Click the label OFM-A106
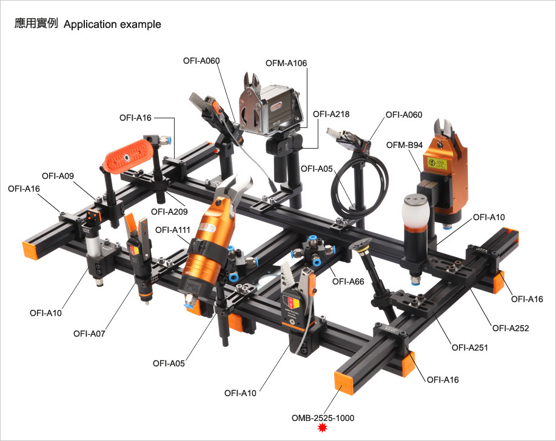286,63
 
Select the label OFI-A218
331,114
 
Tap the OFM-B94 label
404,145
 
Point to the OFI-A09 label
58,176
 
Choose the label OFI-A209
169,212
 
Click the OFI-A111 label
173,231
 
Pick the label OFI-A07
89,334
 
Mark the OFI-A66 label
348,281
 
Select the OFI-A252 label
511,329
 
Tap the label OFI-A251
469,348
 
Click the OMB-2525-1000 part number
323,419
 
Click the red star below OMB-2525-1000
323,428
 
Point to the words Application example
112,24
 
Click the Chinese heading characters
36,24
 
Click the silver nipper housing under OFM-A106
270,109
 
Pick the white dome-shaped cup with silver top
416,212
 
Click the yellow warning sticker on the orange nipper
436,162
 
